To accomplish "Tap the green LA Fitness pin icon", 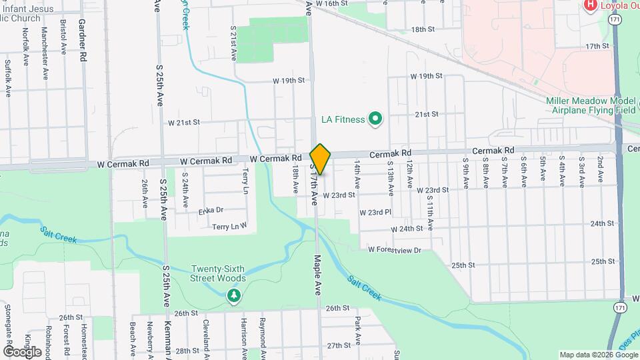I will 375,119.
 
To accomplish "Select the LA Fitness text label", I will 343,120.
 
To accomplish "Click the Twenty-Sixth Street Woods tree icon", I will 233,295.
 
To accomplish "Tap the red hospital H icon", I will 590,6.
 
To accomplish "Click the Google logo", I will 23,351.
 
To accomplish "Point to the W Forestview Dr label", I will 395,250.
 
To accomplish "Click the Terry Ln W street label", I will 229,227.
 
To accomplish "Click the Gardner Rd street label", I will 83,41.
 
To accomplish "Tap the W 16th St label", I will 332,3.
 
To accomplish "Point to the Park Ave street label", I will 358,331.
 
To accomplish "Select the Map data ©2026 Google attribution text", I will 597,355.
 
